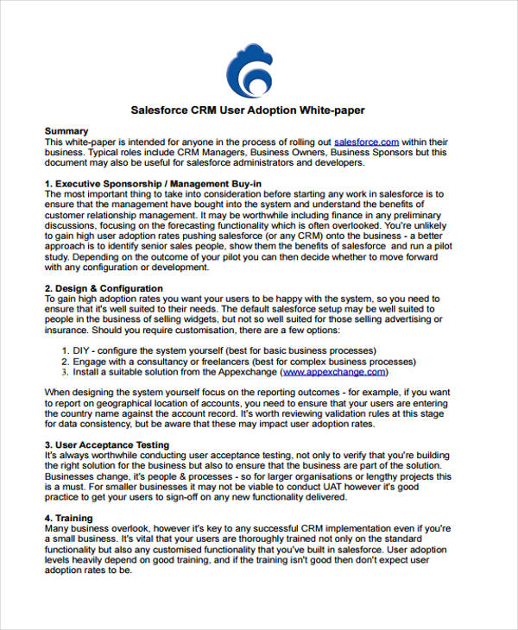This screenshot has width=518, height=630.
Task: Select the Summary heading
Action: point(66,130)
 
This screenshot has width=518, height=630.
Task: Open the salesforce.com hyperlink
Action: point(366,141)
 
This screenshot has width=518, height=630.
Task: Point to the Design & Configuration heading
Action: point(103,288)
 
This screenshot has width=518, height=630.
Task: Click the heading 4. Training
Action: point(68,519)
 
